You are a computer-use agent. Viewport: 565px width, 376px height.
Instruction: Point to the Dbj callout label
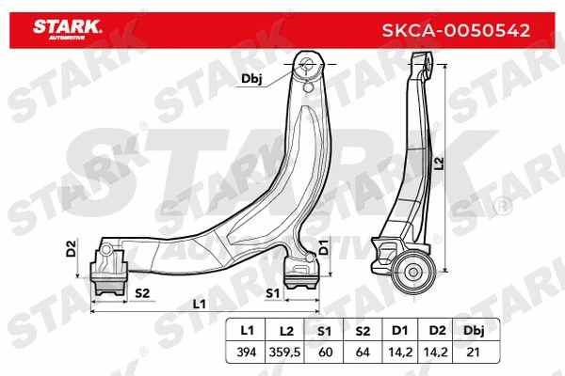pyautogui.click(x=251, y=80)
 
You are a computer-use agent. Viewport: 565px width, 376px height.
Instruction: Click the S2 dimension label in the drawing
pyautogui.click(x=143, y=293)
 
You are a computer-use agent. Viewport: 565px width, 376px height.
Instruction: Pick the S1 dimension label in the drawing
pyautogui.click(x=272, y=293)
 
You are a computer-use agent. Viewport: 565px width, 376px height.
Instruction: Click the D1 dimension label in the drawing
pyautogui.click(x=323, y=249)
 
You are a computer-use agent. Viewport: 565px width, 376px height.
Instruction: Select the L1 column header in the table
pyautogui.click(x=248, y=331)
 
